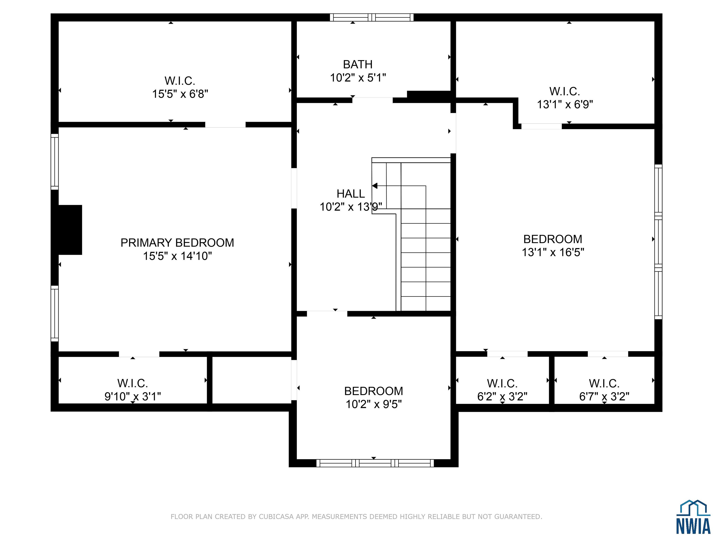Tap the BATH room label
[x=358, y=65]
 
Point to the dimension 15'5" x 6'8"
[x=180, y=94]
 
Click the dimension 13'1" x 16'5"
[x=553, y=252]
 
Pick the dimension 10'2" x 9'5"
[x=374, y=404]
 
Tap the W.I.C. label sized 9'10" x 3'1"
[x=133, y=383]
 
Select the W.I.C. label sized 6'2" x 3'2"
[x=502, y=383]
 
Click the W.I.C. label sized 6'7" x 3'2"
[x=604, y=383]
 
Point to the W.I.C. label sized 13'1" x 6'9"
[x=565, y=91]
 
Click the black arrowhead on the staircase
[x=375, y=186]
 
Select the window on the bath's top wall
[x=372, y=17]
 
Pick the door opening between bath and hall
[x=372, y=100]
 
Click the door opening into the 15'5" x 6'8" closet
[x=225, y=125]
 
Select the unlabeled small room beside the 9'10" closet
[x=252, y=380]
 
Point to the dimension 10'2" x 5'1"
[x=358, y=78]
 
